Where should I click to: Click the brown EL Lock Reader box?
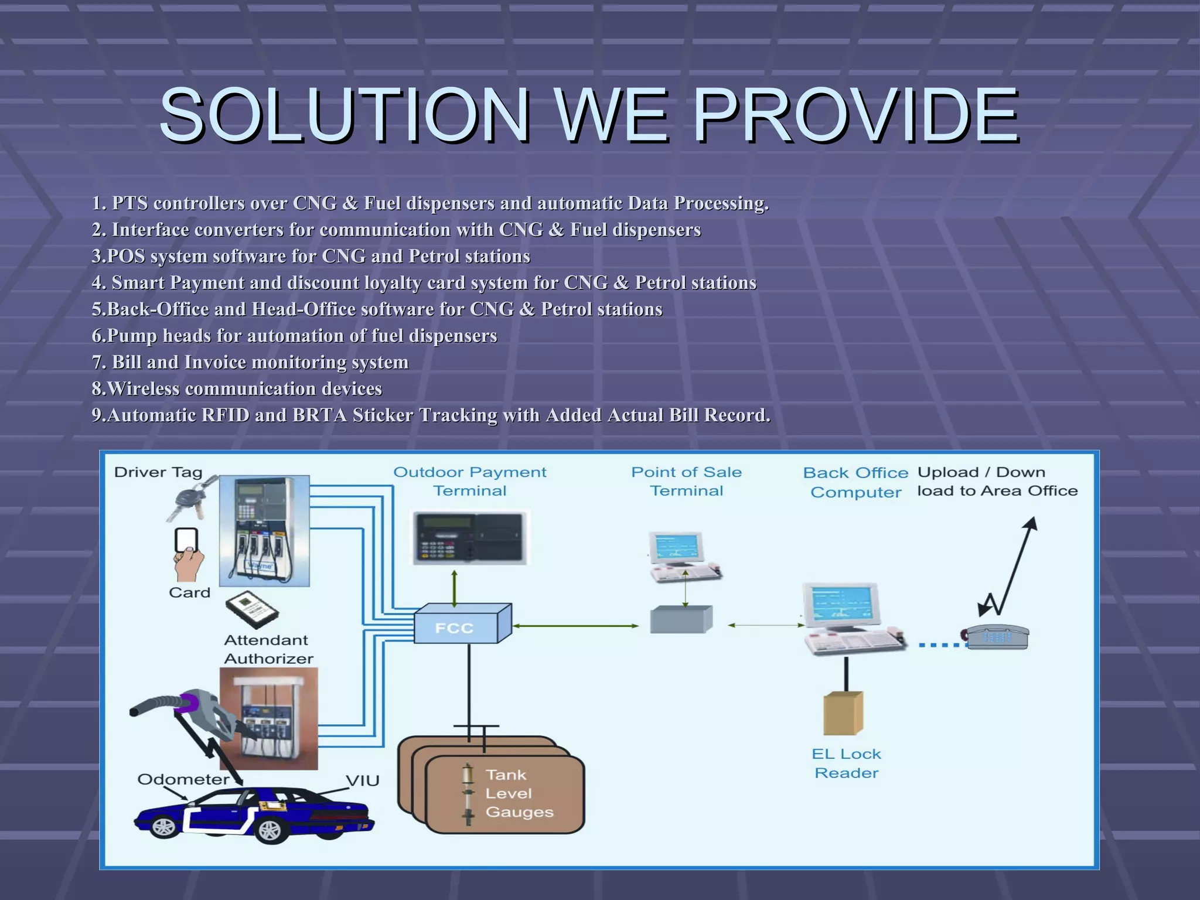pos(843,713)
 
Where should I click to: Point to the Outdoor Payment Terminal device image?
pos(470,538)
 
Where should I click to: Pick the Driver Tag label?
pos(158,472)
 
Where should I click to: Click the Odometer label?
pos(183,779)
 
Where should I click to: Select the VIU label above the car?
pos(362,780)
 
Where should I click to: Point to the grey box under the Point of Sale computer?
pos(681,619)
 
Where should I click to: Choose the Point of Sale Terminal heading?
pos(686,481)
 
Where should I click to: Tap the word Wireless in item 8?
pos(144,388)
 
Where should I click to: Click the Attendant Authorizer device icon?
pos(253,610)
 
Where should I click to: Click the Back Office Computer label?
pos(855,482)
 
